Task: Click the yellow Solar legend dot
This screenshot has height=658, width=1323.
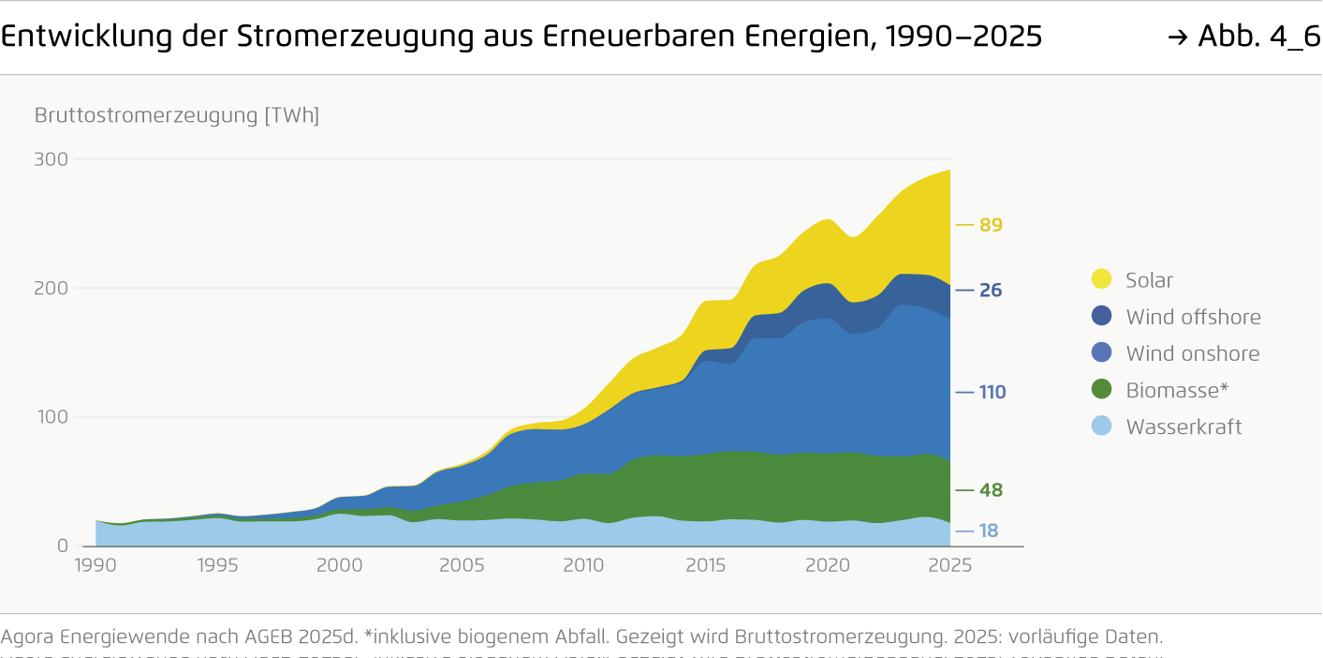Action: pyautogui.click(x=1102, y=279)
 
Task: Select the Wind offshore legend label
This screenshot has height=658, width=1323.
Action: pyautogui.click(x=1193, y=317)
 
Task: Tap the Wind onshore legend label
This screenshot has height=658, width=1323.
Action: pyautogui.click(x=1192, y=353)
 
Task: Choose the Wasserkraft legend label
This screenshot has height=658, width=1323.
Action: pyautogui.click(x=1183, y=426)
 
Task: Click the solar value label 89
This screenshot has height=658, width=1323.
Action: pyautogui.click(x=991, y=225)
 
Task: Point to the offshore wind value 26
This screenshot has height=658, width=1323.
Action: pyautogui.click(x=991, y=291)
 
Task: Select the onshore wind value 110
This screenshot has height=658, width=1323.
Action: pyautogui.click(x=992, y=392)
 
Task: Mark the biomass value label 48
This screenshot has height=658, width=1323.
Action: pyautogui.click(x=991, y=490)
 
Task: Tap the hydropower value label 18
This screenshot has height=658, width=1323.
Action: pyautogui.click(x=989, y=531)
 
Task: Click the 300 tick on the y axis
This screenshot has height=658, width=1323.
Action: pyautogui.click(x=51, y=159)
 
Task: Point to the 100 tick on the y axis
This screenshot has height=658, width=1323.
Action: pyautogui.click(x=51, y=417)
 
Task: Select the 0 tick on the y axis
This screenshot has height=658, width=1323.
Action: pyautogui.click(x=63, y=546)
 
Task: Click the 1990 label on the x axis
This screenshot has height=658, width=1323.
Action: pyautogui.click(x=96, y=565)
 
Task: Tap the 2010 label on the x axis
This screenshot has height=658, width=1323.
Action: pyautogui.click(x=583, y=565)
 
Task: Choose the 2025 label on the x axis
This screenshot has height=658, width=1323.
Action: pyautogui.click(x=950, y=565)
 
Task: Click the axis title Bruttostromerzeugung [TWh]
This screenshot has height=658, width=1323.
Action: pyautogui.click(x=177, y=115)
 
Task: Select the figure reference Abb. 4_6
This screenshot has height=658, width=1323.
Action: pyautogui.click(x=1258, y=37)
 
